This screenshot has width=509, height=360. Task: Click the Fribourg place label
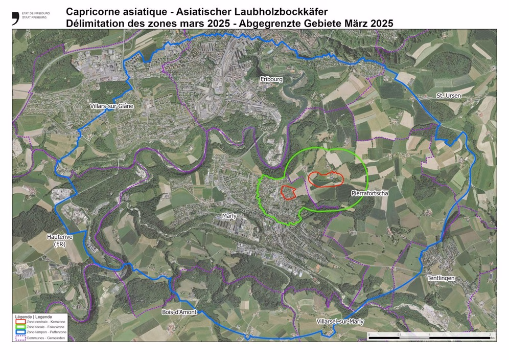tap(271, 80)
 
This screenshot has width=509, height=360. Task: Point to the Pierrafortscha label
tap(369, 193)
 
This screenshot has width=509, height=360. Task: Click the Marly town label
tap(229, 216)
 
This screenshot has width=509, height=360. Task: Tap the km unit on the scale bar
tap(493, 338)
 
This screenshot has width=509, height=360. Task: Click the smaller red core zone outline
tap(289, 192)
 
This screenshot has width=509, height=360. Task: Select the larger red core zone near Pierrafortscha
tap(325, 178)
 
